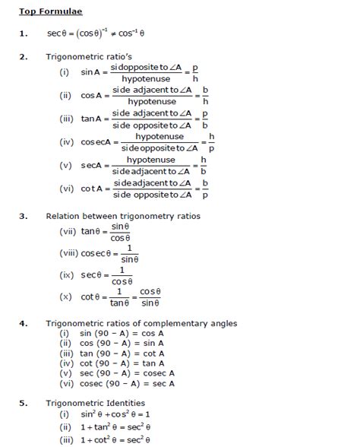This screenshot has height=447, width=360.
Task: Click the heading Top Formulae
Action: coord(51,12)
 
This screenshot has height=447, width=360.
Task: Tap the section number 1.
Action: coord(24,33)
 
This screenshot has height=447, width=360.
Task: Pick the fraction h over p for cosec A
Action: coord(211,142)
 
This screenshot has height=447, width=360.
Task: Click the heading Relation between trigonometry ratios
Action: coord(123,216)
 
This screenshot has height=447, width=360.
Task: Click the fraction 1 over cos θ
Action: coord(121,276)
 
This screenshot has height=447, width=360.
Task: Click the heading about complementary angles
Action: coord(152,324)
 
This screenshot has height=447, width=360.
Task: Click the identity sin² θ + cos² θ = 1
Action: coord(122,414)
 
